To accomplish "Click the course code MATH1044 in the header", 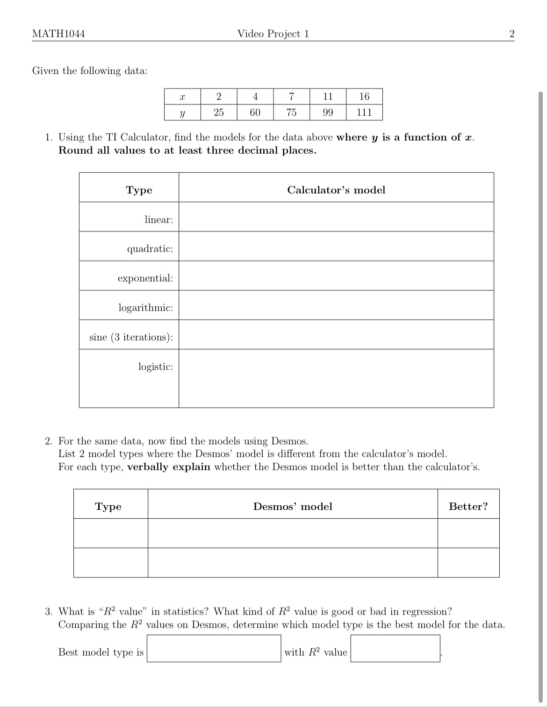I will pos(58,34).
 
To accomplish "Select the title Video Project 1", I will pos(273,34).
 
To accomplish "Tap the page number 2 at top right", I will pos(511,34).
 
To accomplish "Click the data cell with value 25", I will pos(218,113).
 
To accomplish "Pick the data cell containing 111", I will pos(364,113).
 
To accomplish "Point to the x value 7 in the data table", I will pos(291,97).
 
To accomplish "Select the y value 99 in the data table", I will pos(328,113).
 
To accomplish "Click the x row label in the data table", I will pos(182,97).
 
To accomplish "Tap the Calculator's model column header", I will pos(336,190).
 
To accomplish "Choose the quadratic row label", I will pos(150,249).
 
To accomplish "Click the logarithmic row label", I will pos(145,308).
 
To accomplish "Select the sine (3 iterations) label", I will pos(131,337).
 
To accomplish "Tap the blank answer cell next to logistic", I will pos(336,378).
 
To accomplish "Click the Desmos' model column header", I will pos(293,507).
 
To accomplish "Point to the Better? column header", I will pos(468,507).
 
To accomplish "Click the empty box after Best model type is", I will pos(214,648).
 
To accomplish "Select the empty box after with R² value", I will pos(395,648).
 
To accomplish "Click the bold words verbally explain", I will pos(169,467).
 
